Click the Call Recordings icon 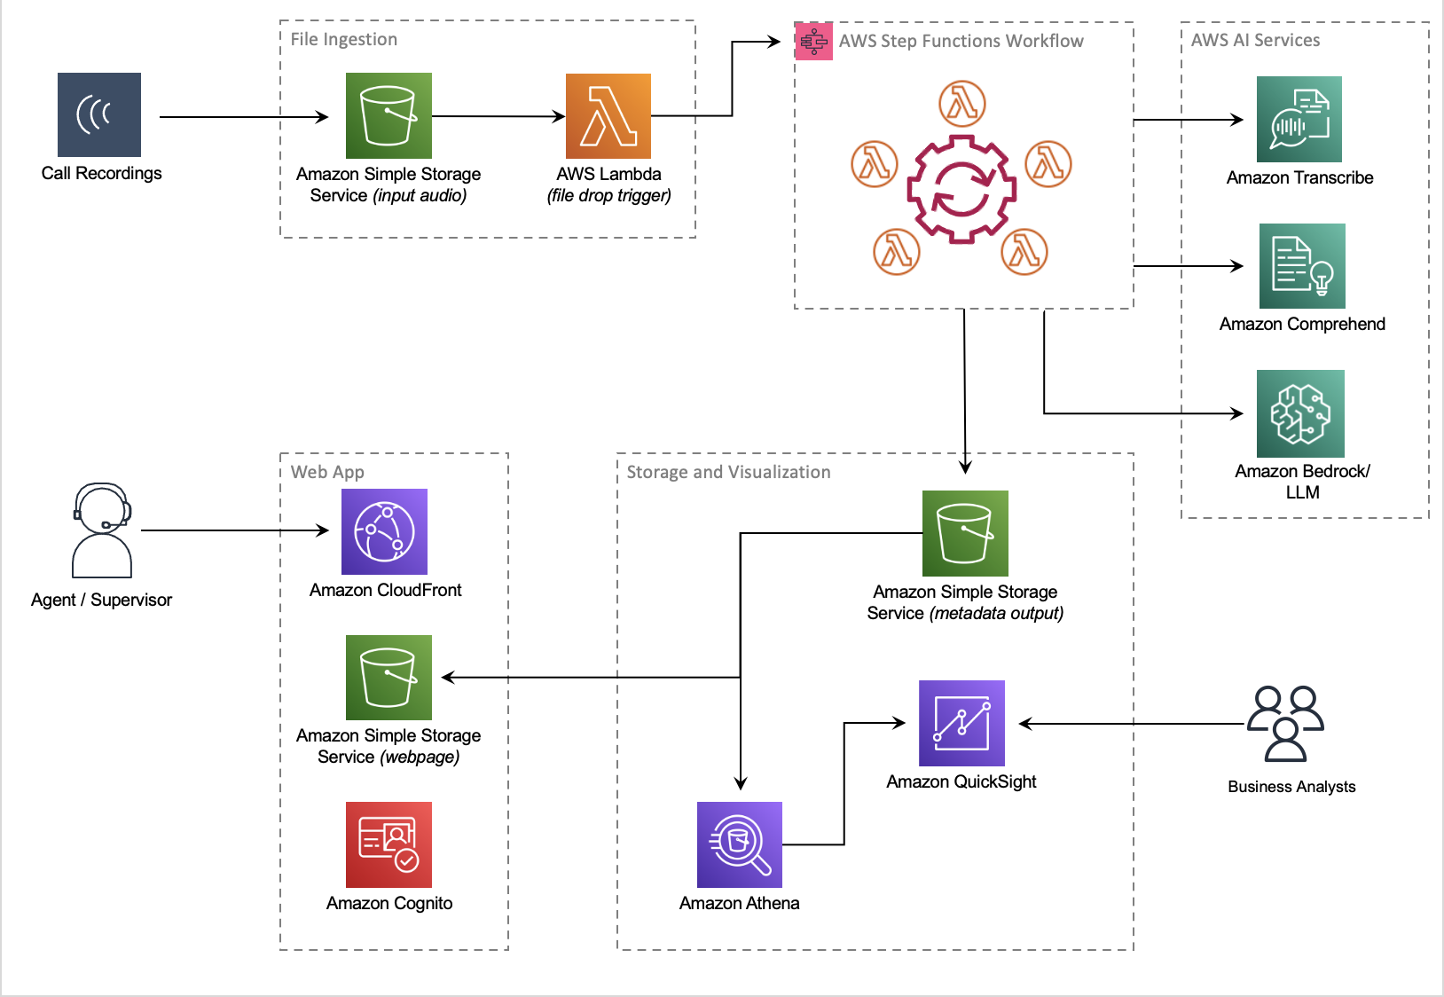pos(99,115)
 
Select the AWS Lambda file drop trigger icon pos(608,116)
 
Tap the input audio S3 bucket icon pos(388,116)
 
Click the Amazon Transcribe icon pos(1299,120)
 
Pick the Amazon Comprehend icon pos(1302,266)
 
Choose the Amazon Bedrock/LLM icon pos(1300,413)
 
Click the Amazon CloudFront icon pos(384,531)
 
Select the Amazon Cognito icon pos(388,844)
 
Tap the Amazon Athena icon pos(740,844)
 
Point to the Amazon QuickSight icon pos(961,723)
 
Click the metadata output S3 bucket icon pos(965,533)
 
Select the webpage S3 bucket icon pos(388,678)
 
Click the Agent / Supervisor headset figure pos(102,530)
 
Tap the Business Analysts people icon pos(1285,724)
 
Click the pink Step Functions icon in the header pos(813,41)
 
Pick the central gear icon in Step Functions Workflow pos(961,189)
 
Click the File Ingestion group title pos(344,39)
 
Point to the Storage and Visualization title pos(728,472)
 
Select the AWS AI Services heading pos(1255,40)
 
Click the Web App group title pos(327,472)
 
